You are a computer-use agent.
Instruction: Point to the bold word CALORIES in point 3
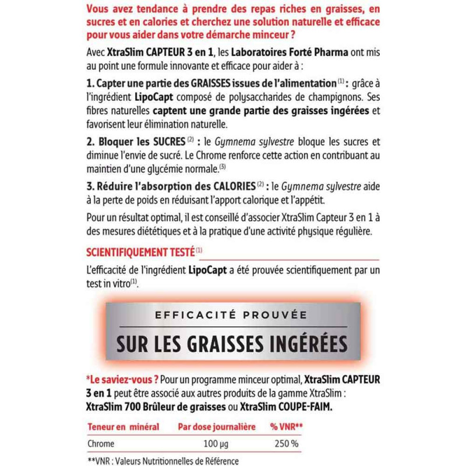click(x=228, y=187)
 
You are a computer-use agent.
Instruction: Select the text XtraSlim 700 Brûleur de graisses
click(x=156, y=405)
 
